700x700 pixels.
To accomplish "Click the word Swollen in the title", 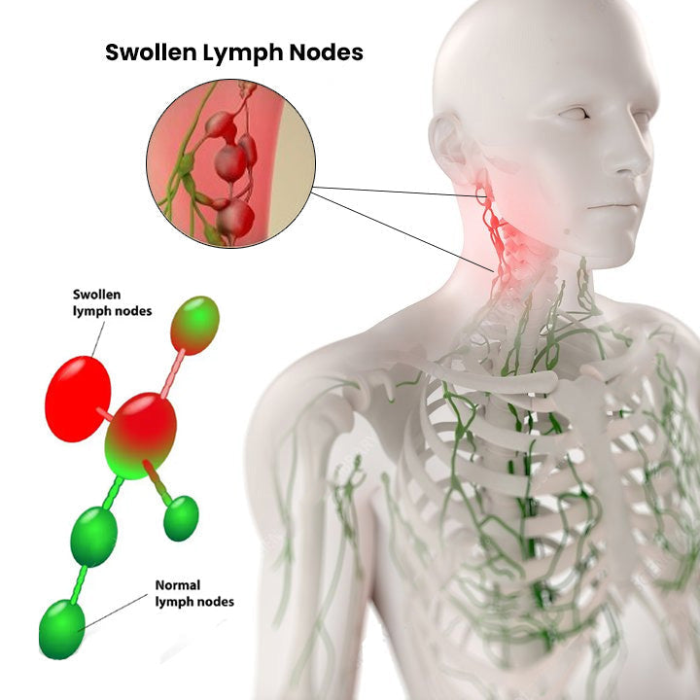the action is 151,52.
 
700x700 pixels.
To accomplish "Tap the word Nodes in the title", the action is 327,52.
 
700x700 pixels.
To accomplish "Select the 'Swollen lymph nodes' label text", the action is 112,302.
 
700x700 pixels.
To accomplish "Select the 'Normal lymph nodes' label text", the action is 194,593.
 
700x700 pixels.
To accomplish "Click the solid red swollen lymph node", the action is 78,399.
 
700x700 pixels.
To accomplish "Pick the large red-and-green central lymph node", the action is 140,436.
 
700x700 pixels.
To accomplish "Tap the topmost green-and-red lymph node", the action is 195,325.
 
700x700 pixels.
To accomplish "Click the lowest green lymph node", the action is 61,629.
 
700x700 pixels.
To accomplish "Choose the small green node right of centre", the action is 181,518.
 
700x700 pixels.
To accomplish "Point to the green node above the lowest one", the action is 93,536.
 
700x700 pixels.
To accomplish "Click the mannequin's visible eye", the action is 575,114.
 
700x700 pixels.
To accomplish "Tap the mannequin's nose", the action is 629,160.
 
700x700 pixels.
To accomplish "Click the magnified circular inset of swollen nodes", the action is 230,164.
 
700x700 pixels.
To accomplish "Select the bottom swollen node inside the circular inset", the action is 235,219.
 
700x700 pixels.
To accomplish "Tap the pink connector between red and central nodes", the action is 105,414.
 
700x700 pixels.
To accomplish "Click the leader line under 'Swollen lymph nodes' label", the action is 98,339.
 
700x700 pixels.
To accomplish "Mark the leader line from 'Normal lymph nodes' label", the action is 114,612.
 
